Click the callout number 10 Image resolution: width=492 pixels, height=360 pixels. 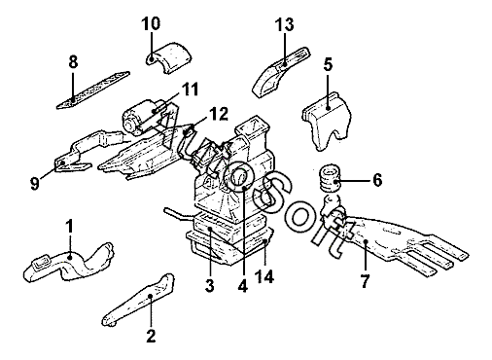[151, 24]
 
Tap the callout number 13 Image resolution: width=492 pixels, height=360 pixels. [284, 24]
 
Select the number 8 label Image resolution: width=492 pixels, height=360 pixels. [74, 61]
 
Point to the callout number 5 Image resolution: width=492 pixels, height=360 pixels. [328, 65]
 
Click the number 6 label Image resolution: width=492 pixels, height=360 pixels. [377, 180]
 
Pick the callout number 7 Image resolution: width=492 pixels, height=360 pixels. [365, 281]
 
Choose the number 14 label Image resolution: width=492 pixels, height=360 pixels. [264, 276]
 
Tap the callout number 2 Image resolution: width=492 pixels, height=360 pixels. [151, 336]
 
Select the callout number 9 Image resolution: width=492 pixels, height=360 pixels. [35, 184]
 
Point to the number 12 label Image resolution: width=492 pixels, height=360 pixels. [218, 114]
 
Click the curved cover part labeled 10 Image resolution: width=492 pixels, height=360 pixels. [168, 57]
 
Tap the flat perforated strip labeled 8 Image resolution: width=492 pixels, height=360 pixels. [93, 90]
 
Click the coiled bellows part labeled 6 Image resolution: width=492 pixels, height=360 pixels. [330, 179]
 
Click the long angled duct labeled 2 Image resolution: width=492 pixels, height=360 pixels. [138, 301]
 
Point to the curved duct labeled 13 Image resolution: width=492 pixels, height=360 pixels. [281, 72]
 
